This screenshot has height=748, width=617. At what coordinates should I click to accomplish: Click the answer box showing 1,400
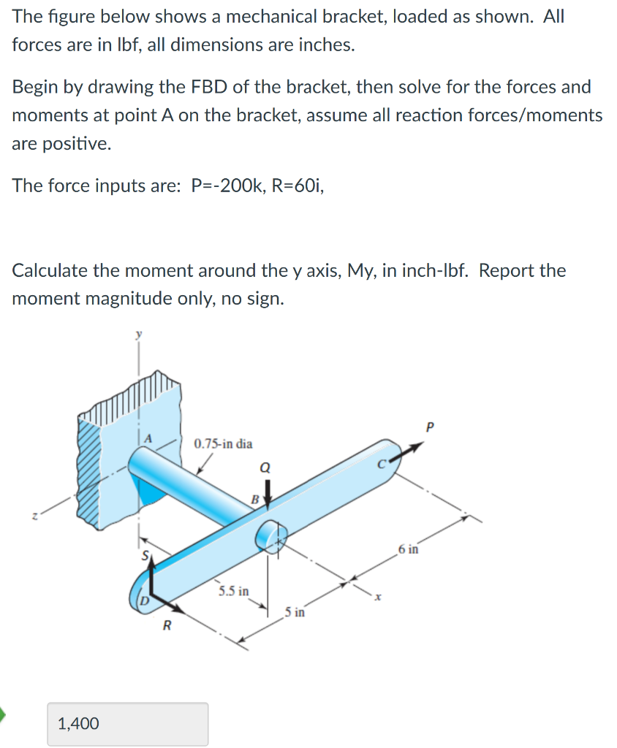127,723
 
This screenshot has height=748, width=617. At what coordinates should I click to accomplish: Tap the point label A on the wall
148,438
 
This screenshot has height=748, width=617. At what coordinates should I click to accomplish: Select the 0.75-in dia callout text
224,443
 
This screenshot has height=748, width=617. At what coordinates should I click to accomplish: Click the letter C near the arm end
382,462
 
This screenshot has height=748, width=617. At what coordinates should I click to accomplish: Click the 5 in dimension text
296,612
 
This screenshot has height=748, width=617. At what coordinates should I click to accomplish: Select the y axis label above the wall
136,334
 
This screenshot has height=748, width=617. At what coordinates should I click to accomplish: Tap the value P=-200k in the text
231,186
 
